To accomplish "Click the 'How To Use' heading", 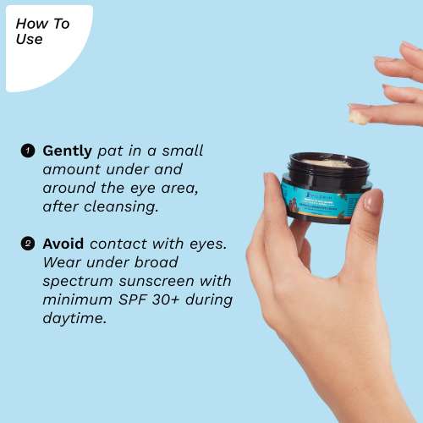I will click(42, 30).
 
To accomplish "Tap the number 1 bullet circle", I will click(27, 151).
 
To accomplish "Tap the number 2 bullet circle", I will click(27, 244).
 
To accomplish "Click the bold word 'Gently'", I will click(67, 151).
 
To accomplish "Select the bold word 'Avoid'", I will click(63, 244).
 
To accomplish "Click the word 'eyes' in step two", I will click(208, 244).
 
